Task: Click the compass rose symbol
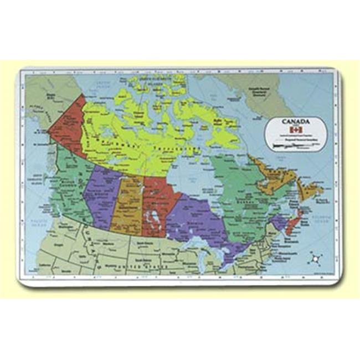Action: (x=316, y=258)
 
